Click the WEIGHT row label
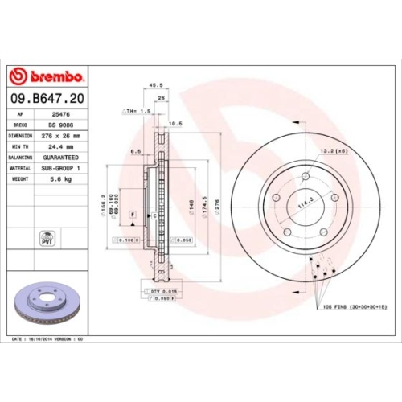tap(20, 179)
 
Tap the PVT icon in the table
tap(46, 238)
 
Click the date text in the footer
tap(48, 340)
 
